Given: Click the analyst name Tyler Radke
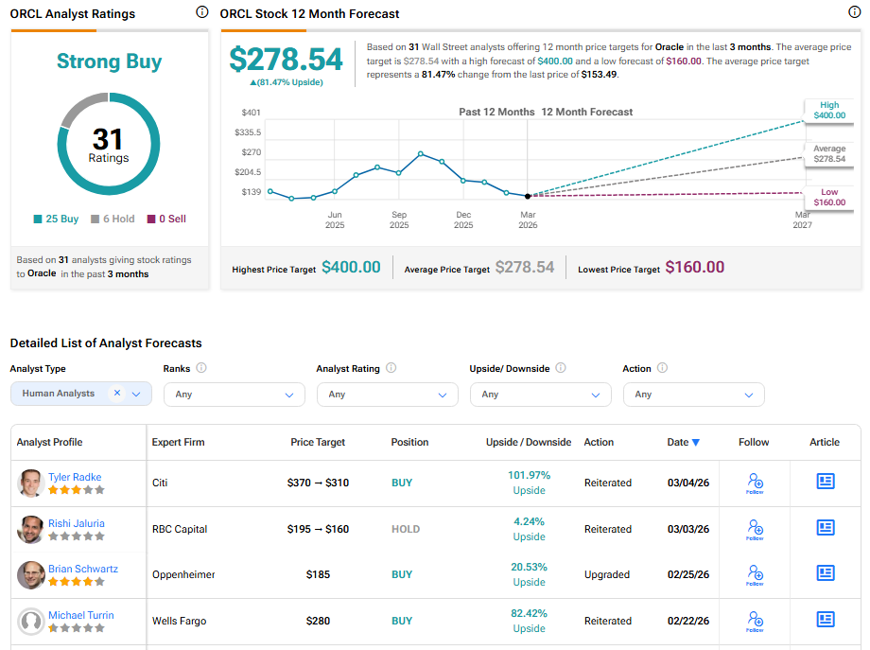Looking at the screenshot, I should coord(75,477).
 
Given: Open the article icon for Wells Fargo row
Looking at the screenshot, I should coord(826,620).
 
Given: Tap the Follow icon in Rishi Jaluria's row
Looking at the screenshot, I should coord(755,529).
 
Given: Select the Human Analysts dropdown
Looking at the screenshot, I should coord(81,394).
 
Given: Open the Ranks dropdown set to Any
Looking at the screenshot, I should coord(234,395).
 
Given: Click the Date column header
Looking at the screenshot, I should coord(683,442).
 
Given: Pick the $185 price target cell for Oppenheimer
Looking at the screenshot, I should coord(318,574).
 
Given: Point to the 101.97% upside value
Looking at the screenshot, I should coord(529,475).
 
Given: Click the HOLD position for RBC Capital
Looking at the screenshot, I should coord(406,529).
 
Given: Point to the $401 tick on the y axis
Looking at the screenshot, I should coord(251,113).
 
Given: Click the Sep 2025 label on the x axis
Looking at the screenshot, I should coord(399,220).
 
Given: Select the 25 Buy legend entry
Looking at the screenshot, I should coord(57,219).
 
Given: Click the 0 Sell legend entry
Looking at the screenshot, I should coord(166,219).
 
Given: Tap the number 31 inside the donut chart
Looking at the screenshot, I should coord(108,140).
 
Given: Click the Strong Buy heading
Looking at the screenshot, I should coord(109,61).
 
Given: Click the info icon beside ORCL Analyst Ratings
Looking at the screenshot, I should coord(201,12).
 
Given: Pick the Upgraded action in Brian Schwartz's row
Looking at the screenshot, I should coord(607,574).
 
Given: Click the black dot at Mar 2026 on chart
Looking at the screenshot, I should coord(528,196).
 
